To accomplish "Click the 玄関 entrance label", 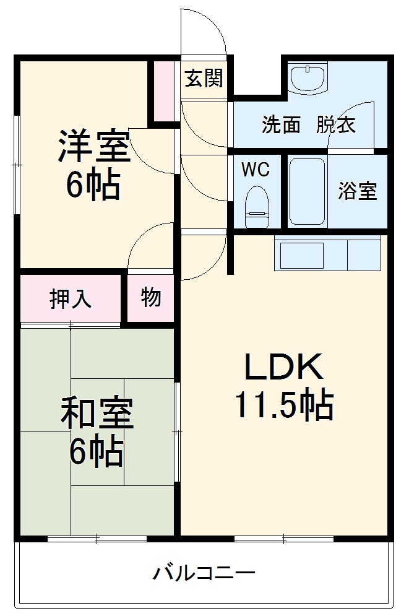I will click(204, 79).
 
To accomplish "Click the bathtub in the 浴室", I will click(307, 192).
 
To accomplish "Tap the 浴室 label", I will click(357, 191).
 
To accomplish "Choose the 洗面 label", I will click(280, 126).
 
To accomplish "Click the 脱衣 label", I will click(336, 126).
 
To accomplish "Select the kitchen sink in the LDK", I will click(303, 254).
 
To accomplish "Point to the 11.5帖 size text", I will click(283, 406).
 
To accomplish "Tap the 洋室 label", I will click(94, 145).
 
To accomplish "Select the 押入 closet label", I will click(71, 299).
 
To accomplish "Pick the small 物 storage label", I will click(151, 298).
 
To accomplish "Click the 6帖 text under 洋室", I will click(93, 184).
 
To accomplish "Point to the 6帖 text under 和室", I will click(95, 454).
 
